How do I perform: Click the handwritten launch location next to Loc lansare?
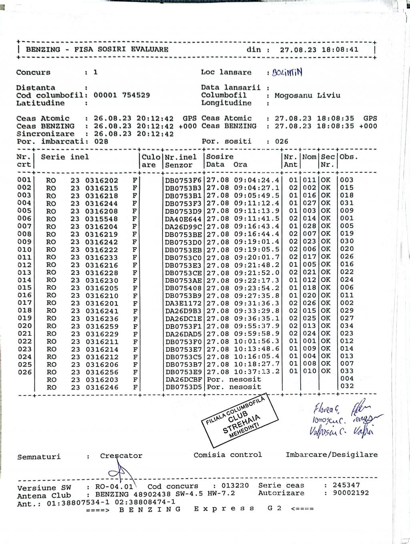pos(287,73)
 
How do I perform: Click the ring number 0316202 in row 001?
pos(102,180)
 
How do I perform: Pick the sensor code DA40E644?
pos(183,219)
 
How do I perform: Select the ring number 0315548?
pos(102,219)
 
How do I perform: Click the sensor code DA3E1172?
pos(183,303)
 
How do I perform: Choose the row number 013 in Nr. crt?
pos(24,272)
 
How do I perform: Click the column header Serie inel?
pos(65,157)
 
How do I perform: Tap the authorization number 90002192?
pos(351,493)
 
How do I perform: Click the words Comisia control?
pos(227,455)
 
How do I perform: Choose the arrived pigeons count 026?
pos(281,141)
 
